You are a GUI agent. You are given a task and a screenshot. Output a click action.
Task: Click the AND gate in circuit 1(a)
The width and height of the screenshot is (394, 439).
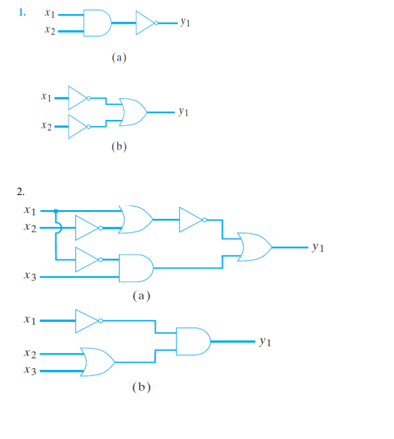tap(97, 23)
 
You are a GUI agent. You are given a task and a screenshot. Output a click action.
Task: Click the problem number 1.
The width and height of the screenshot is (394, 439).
tap(22, 12)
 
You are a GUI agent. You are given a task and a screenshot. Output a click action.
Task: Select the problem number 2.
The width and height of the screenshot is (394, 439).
tap(21, 191)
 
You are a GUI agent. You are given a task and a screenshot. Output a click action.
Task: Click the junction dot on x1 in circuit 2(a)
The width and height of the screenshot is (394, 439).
tap(55, 211)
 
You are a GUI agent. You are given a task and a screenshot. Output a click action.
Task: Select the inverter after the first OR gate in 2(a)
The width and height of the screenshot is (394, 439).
tap(192, 220)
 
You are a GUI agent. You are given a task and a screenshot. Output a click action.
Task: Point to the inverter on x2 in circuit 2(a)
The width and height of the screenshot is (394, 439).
tap(87, 229)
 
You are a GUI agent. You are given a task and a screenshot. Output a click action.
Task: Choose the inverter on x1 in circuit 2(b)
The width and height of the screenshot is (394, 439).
tap(87, 321)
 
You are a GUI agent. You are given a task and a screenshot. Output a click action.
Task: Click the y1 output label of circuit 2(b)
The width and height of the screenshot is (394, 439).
tap(265, 342)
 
